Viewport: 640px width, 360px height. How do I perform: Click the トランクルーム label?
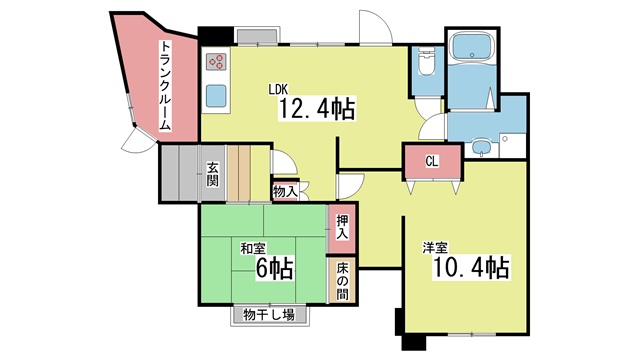pyautogui.click(x=164, y=86)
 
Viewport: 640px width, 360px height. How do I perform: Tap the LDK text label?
pyautogui.click(x=278, y=89)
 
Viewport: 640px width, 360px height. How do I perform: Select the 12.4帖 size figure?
pyautogui.click(x=316, y=109)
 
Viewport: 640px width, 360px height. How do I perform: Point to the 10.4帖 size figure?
pyautogui.click(x=471, y=268)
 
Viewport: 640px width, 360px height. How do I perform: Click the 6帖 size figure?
pyautogui.click(x=275, y=269)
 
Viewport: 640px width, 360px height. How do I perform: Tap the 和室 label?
pyautogui.click(x=253, y=248)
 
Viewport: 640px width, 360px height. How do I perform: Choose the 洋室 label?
pyautogui.click(x=435, y=247)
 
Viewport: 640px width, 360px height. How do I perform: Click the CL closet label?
pyautogui.click(x=432, y=162)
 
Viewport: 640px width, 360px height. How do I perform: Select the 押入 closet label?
pyautogui.click(x=342, y=228)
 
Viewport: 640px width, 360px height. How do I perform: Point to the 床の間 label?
pyautogui.click(x=342, y=281)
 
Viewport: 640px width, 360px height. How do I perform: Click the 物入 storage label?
pyautogui.click(x=285, y=191)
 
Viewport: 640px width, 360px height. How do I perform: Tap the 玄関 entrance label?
pyautogui.click(x=212, y=175)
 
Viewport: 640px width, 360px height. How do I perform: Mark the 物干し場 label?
pyautogui.click(x=269, y=315)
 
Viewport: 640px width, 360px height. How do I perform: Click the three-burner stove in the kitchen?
pyautogui.click(x=216, y=61)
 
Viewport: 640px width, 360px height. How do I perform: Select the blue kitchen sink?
pyautogui.click(x=216, y=96)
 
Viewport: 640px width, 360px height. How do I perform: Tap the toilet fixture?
pyautogui.click(x=427, y=62)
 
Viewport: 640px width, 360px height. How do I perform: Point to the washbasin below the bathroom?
pyautogui.click(x=482, y=146)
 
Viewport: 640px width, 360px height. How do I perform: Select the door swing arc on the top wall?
pyautogui.click(x=380, y=20)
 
